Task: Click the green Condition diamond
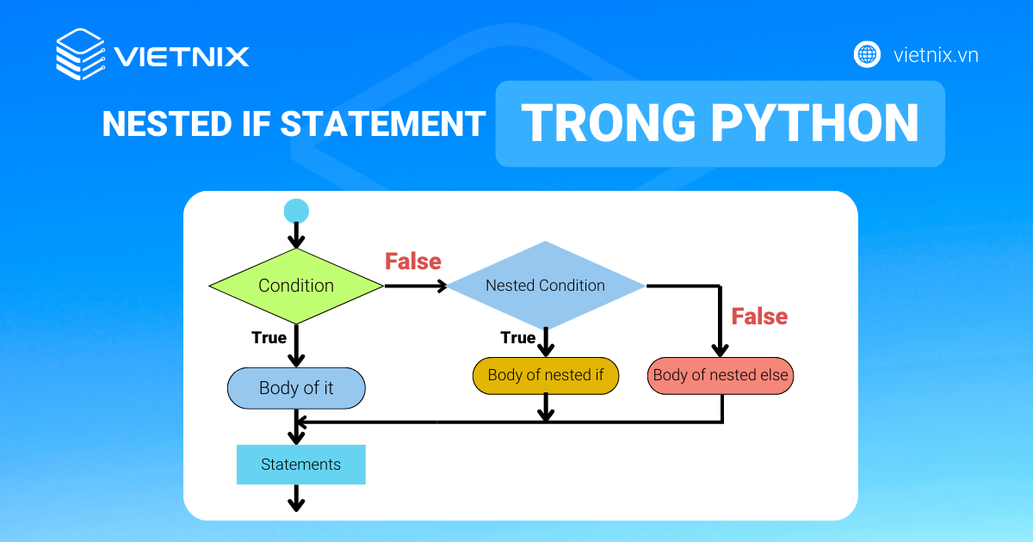[296, 286]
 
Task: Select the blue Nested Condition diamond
[545, 286]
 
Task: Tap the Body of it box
[296, 388]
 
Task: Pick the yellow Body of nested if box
[545, 375]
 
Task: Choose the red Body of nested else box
[721, 375]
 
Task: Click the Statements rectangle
[300, 465]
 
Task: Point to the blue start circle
[296, 211]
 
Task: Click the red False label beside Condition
[412, 262]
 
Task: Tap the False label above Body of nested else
[759, 317]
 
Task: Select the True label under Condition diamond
[269, 338]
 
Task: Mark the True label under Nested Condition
[517, 338]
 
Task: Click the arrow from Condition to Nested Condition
[415, 286]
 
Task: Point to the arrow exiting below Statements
[296, 498]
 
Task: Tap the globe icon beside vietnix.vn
[867, 55]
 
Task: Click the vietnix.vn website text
[937, 55]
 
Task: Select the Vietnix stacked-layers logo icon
[80, 55]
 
